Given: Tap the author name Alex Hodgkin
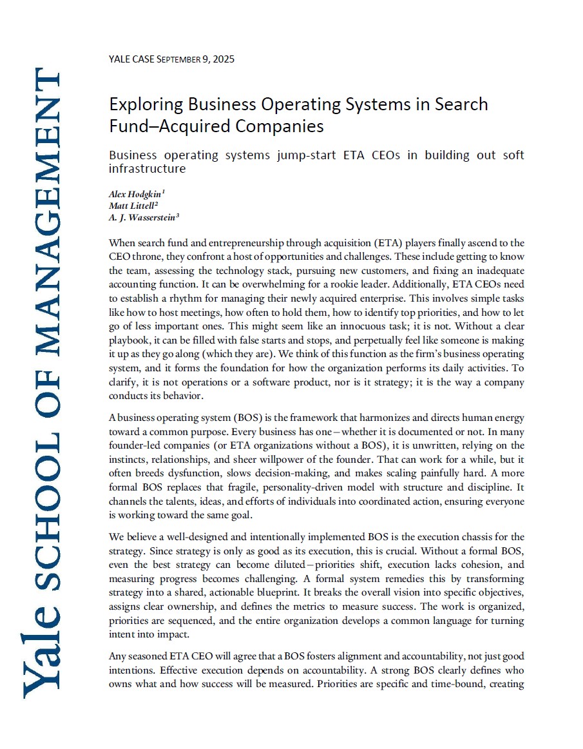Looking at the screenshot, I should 135,193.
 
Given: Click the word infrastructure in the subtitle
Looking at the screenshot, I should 148,169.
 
